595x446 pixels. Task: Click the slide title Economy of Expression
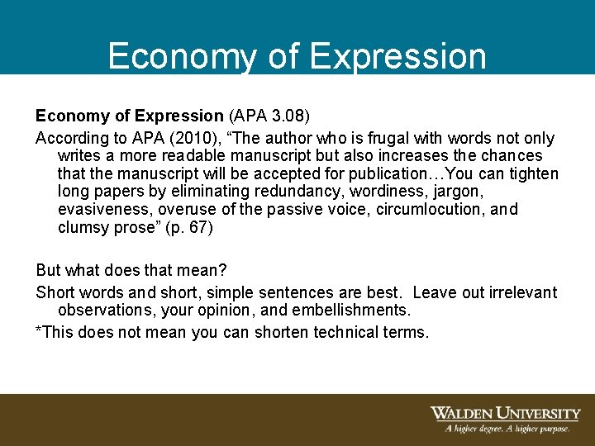[297, 56]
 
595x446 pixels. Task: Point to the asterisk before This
[39, 330]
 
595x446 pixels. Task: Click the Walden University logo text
[505, 413]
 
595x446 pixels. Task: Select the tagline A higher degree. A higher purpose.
[506, 429]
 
